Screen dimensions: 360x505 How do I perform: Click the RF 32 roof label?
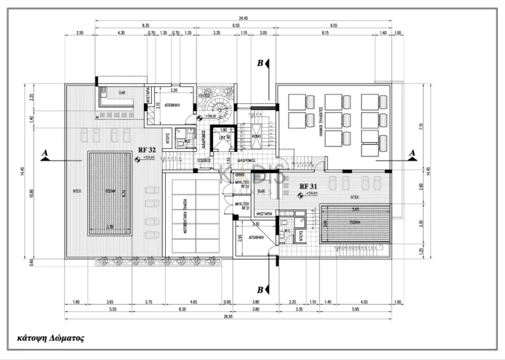(145, 151)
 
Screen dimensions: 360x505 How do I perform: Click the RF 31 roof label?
(308, 186)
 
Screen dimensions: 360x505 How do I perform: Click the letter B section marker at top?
(260, 63)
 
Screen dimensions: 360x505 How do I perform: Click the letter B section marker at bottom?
(260, 289)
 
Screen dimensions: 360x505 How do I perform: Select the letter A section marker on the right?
(412, 153)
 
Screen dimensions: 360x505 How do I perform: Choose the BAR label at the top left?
(122, 93)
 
